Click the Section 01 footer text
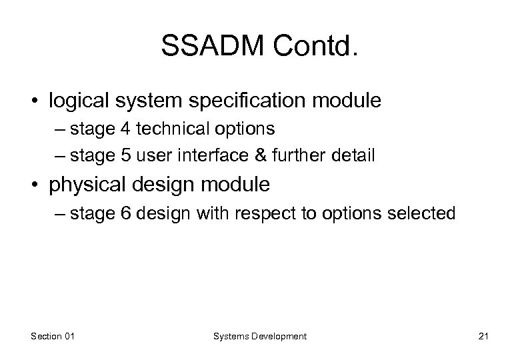coord(53,337)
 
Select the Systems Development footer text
coord(260,337)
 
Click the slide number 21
coord(483,337)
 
